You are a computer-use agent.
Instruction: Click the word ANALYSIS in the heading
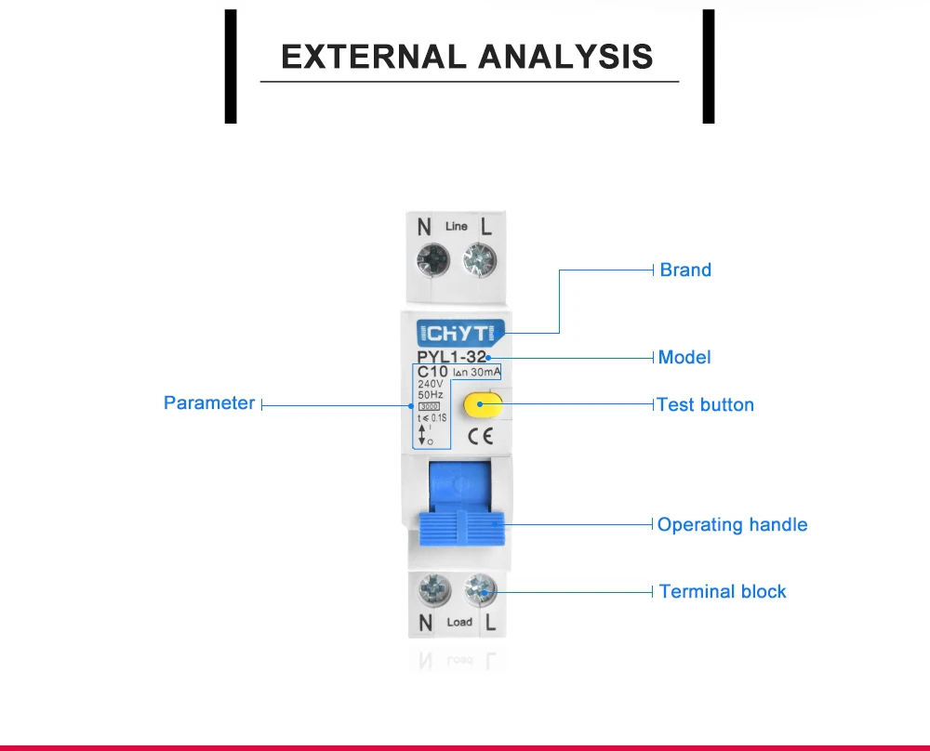[565, 57]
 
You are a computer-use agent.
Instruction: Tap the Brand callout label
[685, 270]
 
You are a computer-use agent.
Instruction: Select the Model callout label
[684, 358]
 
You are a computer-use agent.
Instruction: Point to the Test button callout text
[705, 405]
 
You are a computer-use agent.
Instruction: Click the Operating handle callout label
[733, 524]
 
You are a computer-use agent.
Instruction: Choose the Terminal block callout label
[723, 591]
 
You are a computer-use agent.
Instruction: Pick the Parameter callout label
[209, 403]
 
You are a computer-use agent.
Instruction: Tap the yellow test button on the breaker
[483, 404]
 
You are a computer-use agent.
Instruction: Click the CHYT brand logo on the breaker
[460, 333]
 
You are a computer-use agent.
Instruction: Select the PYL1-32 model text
[452, 357]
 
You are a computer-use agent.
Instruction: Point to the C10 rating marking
[432, 372]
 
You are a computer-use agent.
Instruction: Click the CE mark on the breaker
[481, 436]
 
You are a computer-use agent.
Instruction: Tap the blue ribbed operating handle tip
[462, 529]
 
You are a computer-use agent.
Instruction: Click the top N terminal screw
[433, 260]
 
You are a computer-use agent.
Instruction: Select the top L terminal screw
[480, 260]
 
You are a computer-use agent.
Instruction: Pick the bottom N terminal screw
[434, 590]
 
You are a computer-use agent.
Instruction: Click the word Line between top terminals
[456, 227]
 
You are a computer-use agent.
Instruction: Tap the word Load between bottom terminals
[459, 622]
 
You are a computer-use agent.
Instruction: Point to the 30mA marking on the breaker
[485, 372]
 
